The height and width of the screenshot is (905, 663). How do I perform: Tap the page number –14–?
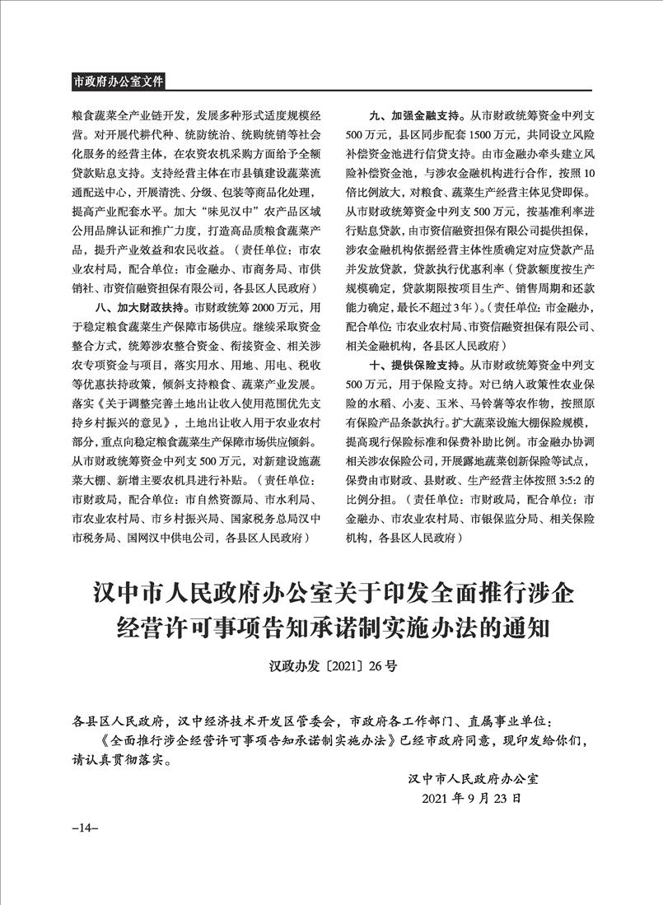coord(86,827)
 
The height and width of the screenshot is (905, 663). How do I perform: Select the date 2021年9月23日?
coord(471,798)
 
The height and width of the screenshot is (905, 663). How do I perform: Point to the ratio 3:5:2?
coord(567,479)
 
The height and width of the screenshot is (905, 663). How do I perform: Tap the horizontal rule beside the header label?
coord(379,88)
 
